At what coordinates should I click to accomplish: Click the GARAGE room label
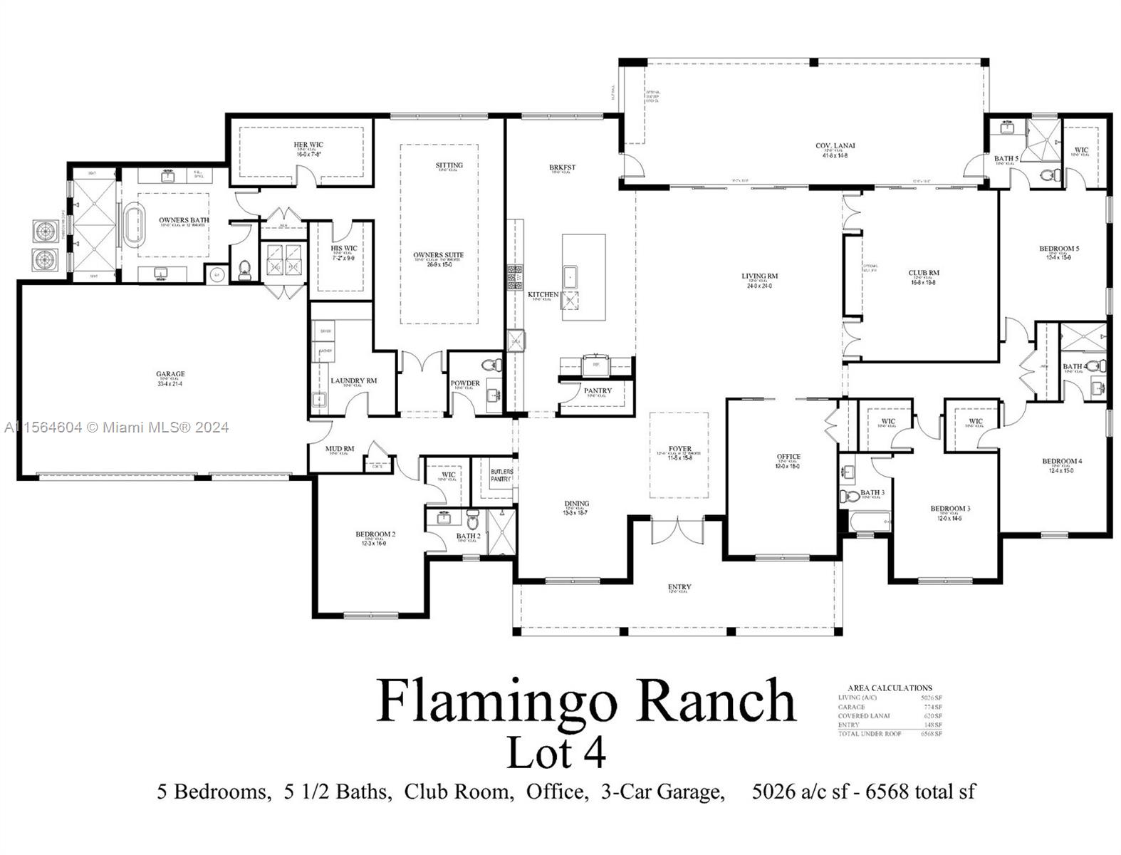tap(170, 374)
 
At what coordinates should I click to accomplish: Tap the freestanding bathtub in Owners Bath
tap(135, 224)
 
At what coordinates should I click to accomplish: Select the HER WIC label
tap(308, 145)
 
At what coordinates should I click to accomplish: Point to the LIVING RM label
tap(759, 276)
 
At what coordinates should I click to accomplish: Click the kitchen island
tap(583, 277)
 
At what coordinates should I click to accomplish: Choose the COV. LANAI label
tap(835, 146)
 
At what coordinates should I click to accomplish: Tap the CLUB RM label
tap(923, 273)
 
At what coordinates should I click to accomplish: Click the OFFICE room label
tap(788, 457)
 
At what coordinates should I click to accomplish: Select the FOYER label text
tap(679, 450)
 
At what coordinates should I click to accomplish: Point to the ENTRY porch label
tap(679, 587)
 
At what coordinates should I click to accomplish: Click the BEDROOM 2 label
tap(375, 534)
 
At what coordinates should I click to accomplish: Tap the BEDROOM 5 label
tap(1058, 249)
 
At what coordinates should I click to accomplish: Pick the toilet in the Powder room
tap(490, 366)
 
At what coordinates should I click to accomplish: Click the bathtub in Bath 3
tap(867, 522)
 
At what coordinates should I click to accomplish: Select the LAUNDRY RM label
tap(353, 380)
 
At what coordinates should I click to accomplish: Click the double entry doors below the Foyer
tap(677, 530)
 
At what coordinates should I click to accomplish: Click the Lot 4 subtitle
tap(556, 752)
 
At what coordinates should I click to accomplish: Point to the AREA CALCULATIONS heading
tap(890, 688)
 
